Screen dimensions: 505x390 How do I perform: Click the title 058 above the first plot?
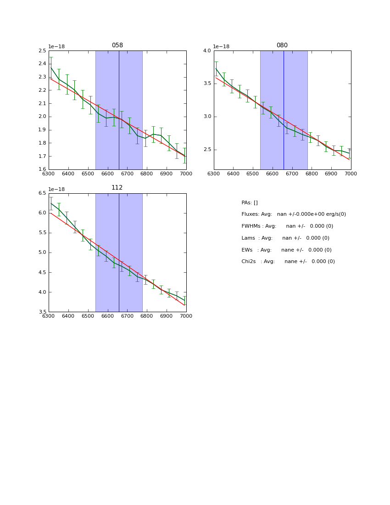click(x=117, y=45)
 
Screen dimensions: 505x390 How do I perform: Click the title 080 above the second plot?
click(x=282, y=45)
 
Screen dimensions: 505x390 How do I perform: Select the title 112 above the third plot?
click(x=117, y=188)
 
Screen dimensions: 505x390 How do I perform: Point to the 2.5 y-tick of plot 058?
click(x=42, y=51)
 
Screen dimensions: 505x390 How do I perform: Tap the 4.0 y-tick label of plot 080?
click(x=207, y=51)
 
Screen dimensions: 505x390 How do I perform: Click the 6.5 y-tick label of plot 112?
click(x=42, y=193)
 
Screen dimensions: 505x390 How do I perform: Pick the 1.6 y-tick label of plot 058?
click(x=42, y=169)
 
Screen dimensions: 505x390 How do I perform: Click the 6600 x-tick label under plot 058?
click(x=107, y=174)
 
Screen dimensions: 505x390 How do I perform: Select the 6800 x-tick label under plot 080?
click(x=312, y=174)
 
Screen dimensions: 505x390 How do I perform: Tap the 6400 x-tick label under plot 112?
click(x=68, y=316)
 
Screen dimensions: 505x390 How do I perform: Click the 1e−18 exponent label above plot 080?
click(x=221, y=47)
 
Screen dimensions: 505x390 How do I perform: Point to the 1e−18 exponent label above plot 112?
click(x=56, y=189)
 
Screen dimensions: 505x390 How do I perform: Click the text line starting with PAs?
click(x=250, y=203)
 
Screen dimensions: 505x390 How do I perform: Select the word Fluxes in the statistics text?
click(x=250, y=214)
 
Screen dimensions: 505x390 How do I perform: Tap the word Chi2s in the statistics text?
click(x=250, y=262)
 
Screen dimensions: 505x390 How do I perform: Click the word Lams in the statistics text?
click(x=248, y=238)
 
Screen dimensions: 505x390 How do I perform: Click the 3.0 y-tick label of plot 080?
click(x=207, y=117)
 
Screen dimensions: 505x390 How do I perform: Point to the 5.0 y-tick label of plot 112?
click(x=42, y=252)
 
